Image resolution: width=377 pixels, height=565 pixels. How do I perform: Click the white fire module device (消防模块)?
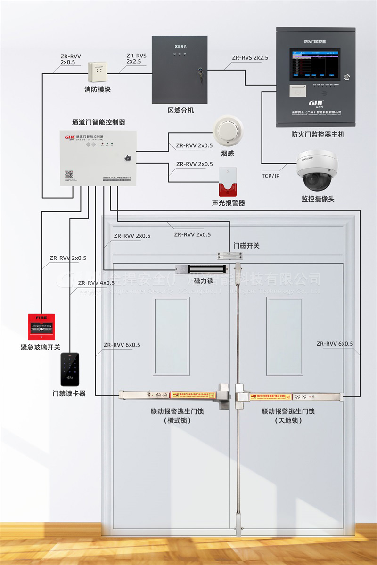click(x=98, y=71)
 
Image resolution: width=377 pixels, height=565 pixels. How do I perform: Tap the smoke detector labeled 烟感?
click(x=228, y=131)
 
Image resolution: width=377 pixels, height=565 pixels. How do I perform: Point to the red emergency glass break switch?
click(x=41, y=327)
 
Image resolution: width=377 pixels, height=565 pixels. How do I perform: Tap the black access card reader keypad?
click(x=69, y=370)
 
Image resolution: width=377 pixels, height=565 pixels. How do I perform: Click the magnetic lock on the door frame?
click(x=202, y=269)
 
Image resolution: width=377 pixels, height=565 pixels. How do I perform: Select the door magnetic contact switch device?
click(x=229, y=256)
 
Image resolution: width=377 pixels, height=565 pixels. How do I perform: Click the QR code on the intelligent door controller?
click(x=68, y=174)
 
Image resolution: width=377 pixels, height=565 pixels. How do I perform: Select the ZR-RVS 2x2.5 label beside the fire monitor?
click(x=250, y=58)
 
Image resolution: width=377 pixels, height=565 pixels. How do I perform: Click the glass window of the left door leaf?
click(x=172, y=336)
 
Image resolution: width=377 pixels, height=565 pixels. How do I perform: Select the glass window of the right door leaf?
click(x=284, y=336)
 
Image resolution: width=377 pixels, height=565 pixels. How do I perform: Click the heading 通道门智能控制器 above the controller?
click(x=98, y=122)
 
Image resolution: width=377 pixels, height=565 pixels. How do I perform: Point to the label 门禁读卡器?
click(x=69, y=394)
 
